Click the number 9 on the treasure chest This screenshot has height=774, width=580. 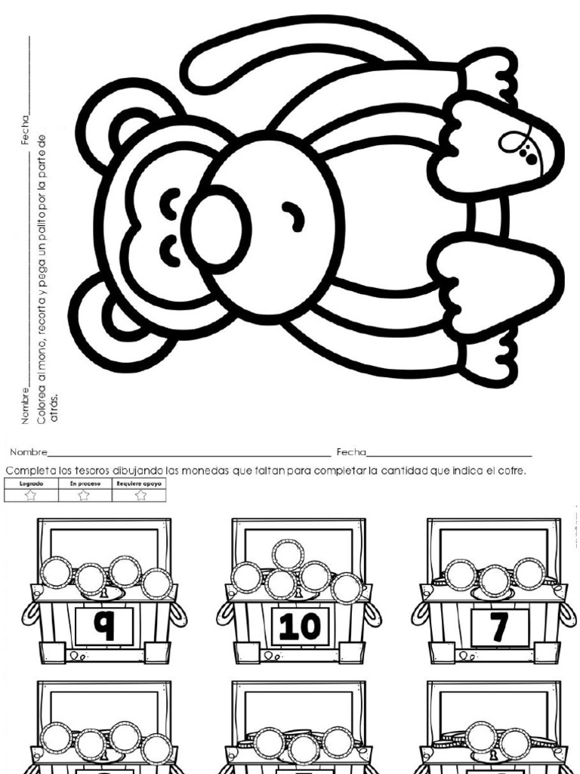point(104,626)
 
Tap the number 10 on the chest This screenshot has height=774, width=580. point(299,626)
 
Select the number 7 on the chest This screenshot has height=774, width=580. point(499,627)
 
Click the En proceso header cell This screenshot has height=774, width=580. point(84,482)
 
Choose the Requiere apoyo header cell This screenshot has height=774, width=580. point(139,482)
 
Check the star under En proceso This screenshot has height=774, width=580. point(84,494)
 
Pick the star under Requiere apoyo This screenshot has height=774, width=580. point(140,494)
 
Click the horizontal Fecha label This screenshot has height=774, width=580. point(350,452)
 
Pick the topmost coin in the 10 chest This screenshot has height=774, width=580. point(288,554)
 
